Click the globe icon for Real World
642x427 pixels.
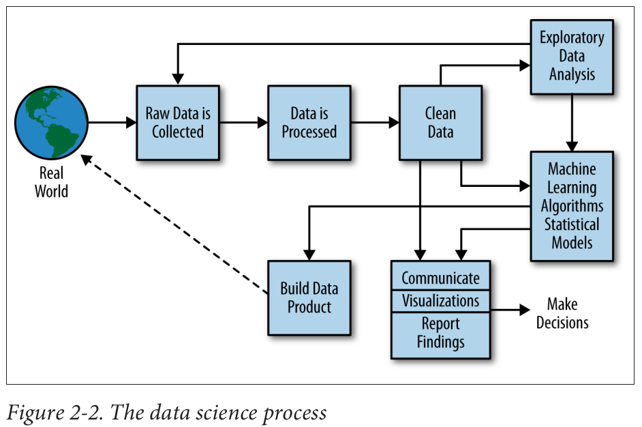[x=52, y=123]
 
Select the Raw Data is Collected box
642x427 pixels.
[x=178, y=123]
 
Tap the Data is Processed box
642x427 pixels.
[x=309, y=123]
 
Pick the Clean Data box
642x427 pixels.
[x=440, y=123]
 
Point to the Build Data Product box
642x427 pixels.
[x=309, y=297]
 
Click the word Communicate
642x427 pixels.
[x=440, y=278]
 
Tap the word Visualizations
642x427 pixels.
[x=440, y=301]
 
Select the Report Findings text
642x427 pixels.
[x=440, y=333]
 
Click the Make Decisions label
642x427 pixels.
[x=562, y=313]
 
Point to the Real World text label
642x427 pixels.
[x=52, y=182]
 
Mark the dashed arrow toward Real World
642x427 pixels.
[x=174, y=225]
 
